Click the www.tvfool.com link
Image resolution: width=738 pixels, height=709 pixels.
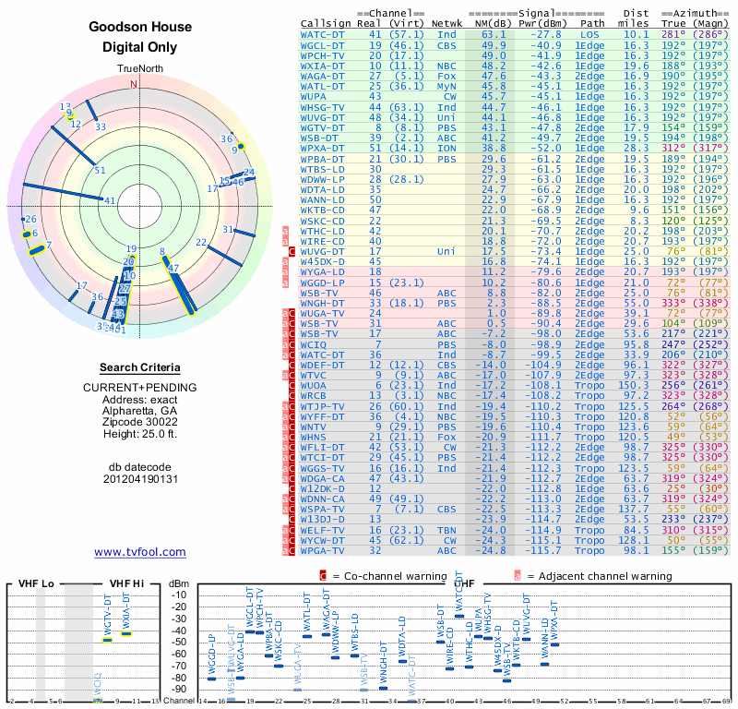pyautogui.click(x=140, y=552)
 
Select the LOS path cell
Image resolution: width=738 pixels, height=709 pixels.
pyautogui.click(x=589, y=34)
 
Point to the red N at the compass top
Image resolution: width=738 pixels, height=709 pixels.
pyautogui.click(x=134, y=84)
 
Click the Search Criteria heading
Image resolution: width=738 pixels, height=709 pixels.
pyautogui.click(x=139, y=367)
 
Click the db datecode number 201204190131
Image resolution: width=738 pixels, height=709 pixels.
pyautogui.click(x=140, y=479)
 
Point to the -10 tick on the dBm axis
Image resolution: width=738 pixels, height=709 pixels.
pyautogui.click(x=178, y=595)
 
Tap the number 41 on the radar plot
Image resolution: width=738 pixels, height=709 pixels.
pyautogui.click(x=110, y=201)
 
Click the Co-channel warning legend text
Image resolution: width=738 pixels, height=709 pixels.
pyautogui.click(x=387, y=575)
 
